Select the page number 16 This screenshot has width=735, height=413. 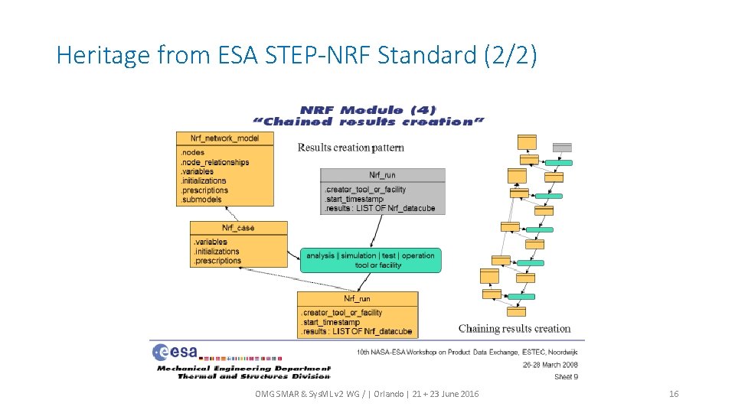point(674,394)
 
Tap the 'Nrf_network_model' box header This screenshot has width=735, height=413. point(224,138)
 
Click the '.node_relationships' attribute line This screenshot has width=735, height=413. point(214,162)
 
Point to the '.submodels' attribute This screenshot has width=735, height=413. point(201,200)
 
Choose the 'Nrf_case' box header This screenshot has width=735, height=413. point(238,228)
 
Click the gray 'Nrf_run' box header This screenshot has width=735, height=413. point(382,175)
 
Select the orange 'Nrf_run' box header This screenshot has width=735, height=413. point(357,299)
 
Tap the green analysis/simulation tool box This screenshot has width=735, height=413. point(371,260)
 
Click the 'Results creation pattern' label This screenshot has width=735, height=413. point(351,148)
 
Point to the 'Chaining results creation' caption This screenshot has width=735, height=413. point(514,329)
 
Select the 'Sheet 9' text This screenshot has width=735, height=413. point(567,376)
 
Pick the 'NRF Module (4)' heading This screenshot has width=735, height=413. point(368,110)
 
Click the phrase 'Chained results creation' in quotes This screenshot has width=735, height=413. point(369,122)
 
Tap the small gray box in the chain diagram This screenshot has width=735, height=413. point(562,147)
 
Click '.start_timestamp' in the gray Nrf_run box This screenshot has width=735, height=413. point(354,199)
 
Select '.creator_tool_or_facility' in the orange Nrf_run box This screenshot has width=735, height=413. point(341,313)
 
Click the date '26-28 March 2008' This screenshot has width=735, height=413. point(550,365)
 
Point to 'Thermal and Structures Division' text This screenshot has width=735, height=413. point(253,376)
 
